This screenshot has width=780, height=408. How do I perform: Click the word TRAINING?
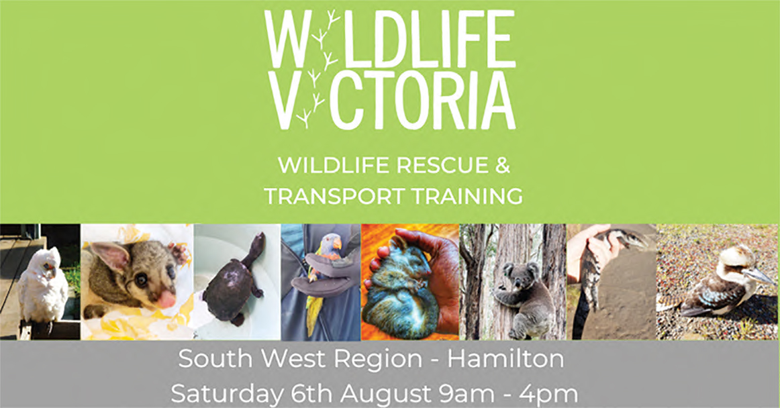click(465, 196)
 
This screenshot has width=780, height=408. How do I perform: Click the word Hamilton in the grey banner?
click(506, 359)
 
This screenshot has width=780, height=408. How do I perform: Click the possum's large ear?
click(111, 257)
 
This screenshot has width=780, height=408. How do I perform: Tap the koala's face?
click(519, 276)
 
